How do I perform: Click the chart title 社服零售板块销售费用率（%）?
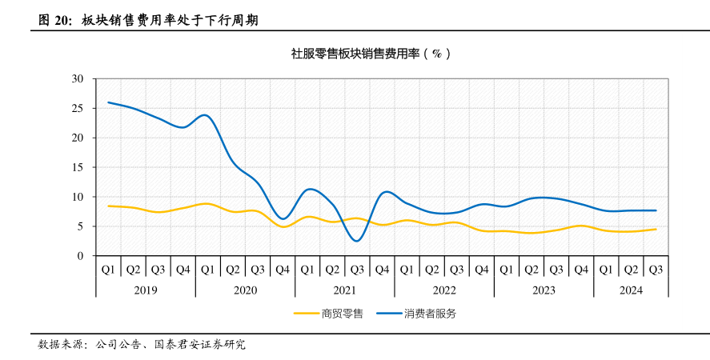371,54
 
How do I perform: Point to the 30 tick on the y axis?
78,78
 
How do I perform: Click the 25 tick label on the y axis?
78,108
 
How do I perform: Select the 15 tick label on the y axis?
78,167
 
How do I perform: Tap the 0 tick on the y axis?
81,256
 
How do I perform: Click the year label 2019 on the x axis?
145,290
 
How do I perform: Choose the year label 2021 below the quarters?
344,290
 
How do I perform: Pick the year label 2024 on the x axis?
631,290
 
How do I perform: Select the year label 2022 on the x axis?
443,290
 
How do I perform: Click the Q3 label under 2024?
656,269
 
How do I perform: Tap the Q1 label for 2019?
108,269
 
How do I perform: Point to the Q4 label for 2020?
283,269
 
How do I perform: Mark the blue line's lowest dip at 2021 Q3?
357,241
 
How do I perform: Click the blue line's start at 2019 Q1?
108,102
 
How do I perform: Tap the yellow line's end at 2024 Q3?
656,230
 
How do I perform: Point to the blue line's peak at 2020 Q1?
207,115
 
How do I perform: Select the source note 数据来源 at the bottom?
61,345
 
